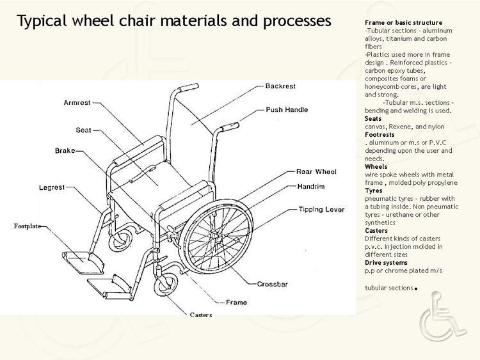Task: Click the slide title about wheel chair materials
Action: [x=173, y=20]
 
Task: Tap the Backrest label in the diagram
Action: [x=280, y=86]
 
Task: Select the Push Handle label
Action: [x=287, y=110]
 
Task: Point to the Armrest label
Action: [x=77, y=102]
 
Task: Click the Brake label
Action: [x=65, y=151]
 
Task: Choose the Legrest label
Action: [x=52, y=188]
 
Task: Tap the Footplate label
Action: [x=27, y=226]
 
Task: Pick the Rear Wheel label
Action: [x=316, y=171]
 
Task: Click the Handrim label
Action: [x=311, y=187]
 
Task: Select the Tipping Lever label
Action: [x=321, y=210]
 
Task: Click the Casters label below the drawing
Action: [x=201, y=315]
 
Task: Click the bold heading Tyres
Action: [x=374, y=191]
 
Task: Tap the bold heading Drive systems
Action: [x=386, y=263]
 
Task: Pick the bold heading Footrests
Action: [x=380, y=135]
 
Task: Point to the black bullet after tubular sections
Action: [x=416, y=288]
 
